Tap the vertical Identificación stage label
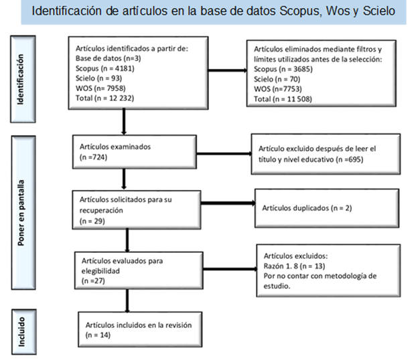[x=21, y=79]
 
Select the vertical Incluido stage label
[x=21, y=332]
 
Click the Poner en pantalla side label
[x=21, y=213]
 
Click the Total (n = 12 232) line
[x=104, y=98]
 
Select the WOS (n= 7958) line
[x=100, y=88]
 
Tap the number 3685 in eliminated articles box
[x=302, y=69]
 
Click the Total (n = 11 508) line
[x=283, y=99]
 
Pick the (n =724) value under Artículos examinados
[x=93, y=157]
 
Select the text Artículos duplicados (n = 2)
[x=307, y=208]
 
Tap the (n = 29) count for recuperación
[x=92, y=221]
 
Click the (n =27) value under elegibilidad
[x=93, y=281]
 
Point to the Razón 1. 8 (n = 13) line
[x=294, y=266]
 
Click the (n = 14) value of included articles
[x=98, y=335]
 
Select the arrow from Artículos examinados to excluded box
[x=224, y=154]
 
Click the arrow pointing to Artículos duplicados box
[x=228, y=203]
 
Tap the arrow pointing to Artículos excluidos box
[x=230, y=269]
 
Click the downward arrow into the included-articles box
[x=127, y=301]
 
